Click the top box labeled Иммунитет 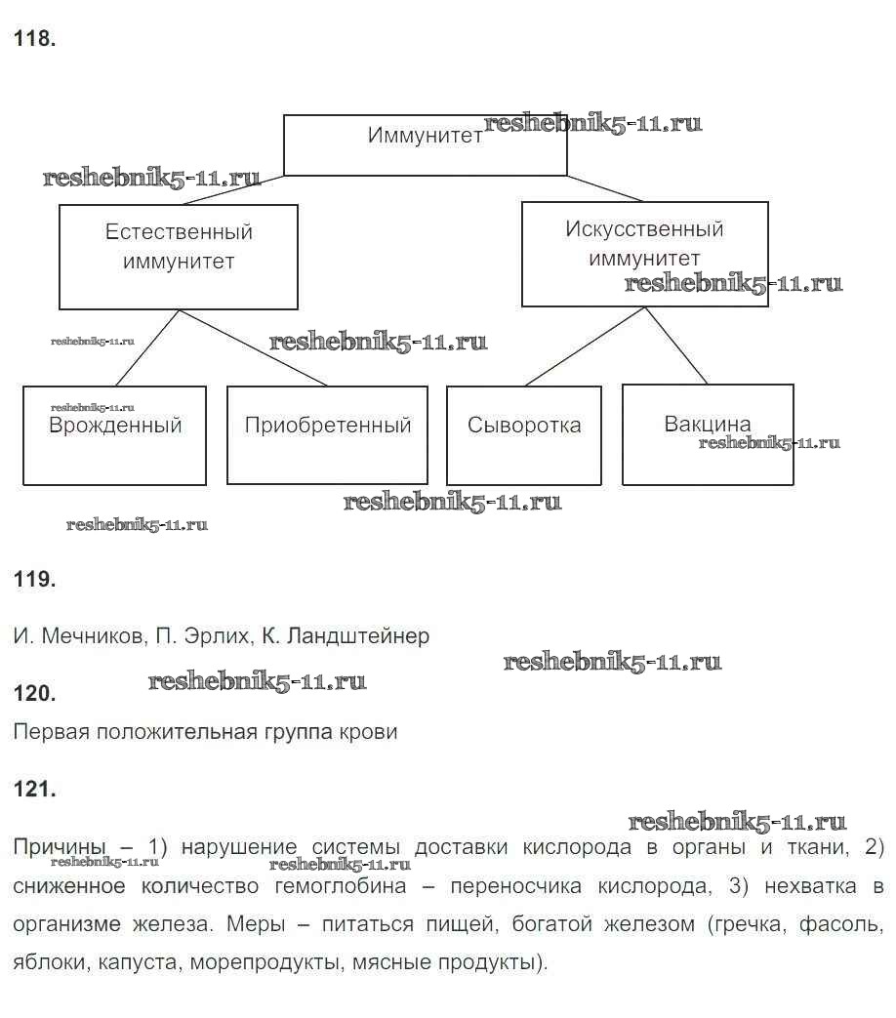point(425,145)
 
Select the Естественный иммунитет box point(178,257)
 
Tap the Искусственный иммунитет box point(644,254)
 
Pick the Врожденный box point(114,435)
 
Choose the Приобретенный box point(327,434)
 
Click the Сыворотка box point(523,435)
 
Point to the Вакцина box point(708,434)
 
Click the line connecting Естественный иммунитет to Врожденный point(148,347)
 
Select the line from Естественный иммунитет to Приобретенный point(253,347)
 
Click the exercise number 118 point(34,40)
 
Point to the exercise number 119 point(34,580)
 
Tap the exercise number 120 point(34,694)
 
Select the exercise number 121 point(34,790)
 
